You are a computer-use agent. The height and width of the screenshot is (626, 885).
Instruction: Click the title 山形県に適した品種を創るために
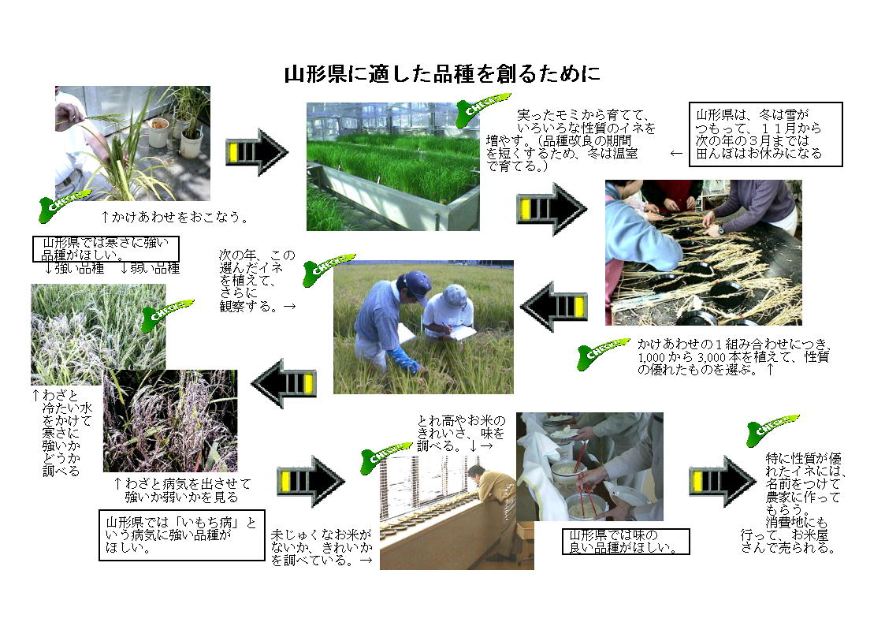pyautogui.click(x=442, y=74)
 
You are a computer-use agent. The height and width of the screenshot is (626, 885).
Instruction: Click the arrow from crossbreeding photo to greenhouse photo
pyautogui.click(x=258, y=152)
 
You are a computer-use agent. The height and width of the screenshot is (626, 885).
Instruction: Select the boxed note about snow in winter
pyautogui.click(x=765, y=134)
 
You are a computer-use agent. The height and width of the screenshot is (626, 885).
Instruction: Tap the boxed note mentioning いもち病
pyautogui.click(x=182, y=535)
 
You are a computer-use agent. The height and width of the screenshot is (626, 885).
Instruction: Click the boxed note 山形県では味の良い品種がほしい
pyautogui.click(x=626, y=542)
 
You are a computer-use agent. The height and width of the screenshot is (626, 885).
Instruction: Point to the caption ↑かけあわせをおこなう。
pyautogui.click(x=174, y=217)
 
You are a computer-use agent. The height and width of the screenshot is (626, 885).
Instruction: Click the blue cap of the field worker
pyautogui.click(x=417, y=283)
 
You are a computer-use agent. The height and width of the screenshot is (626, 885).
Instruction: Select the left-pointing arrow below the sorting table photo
pyautogui.click(x=554, y=306)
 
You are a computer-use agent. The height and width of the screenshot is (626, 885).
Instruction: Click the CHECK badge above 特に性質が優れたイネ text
pyautogui.click(x=772, y=430)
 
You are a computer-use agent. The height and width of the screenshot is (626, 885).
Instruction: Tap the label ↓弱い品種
pyautogui.click(x=151, y=269)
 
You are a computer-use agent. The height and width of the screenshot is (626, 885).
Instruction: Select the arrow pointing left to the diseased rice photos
pyautogui.click(x=284, y=383)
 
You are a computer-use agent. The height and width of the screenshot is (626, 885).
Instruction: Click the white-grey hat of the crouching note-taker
pyautogui.click(x=455, y=295)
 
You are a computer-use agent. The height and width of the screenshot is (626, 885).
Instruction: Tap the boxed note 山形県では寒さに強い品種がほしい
pyautogui.click(x=106, y=249)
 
